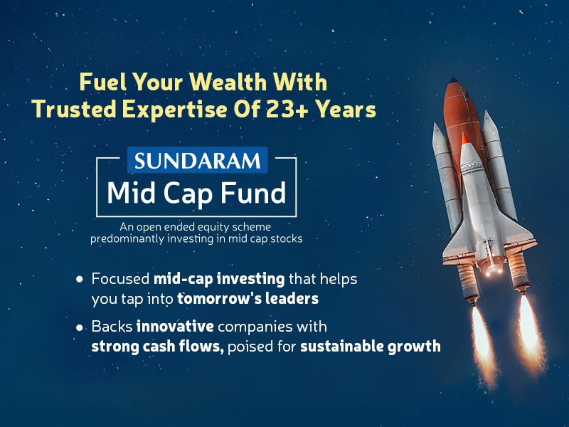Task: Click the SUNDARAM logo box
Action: coord(197,160)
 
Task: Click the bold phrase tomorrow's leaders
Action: coord(238,299)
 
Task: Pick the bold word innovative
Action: coord(171,327)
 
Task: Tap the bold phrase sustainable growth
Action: coord(371,347)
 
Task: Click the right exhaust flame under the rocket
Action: coord(527,327)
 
